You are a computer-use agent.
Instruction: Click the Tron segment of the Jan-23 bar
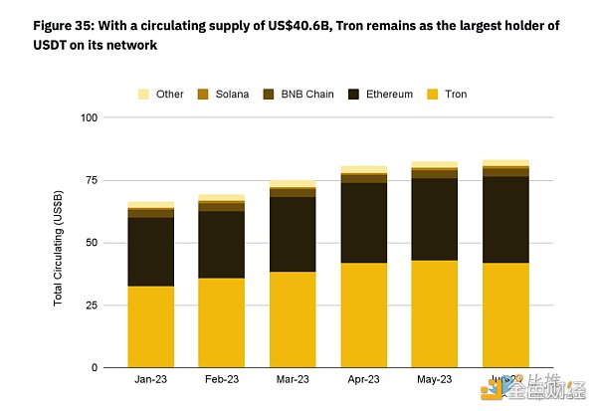pos(151,326)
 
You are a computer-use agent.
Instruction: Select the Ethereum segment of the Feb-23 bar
pos(221,244)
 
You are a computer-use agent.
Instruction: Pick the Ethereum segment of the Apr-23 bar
pos(363,223)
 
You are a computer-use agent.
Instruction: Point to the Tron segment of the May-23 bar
pos(434,313)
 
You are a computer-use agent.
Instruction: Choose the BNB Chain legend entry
pos(298,95)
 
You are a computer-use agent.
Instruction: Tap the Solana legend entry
pos(225,95)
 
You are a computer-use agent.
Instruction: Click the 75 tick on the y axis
pos(92,180)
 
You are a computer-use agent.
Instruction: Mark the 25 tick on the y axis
pos(92,306)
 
